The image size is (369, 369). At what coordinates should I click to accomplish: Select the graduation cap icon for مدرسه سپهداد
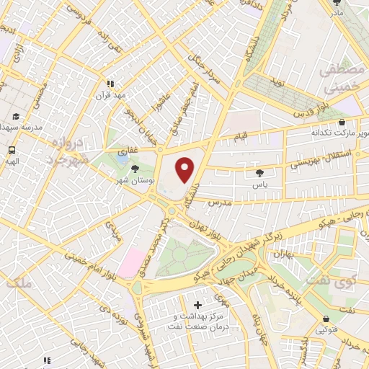click(15, 116)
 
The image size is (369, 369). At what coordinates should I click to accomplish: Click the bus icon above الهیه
click(12, 151)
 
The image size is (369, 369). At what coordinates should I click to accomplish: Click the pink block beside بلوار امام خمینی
click(131, 261)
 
